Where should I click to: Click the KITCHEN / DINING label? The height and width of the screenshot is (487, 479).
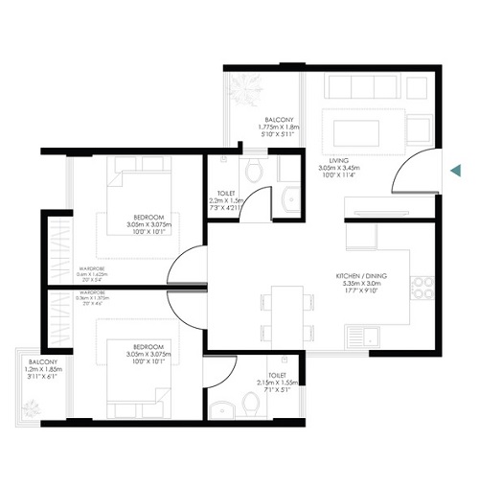[x=359, y=276]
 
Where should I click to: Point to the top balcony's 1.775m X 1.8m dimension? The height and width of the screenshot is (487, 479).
[x=280, y=127]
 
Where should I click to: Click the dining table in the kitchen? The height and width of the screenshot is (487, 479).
[x=285, y=307]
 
